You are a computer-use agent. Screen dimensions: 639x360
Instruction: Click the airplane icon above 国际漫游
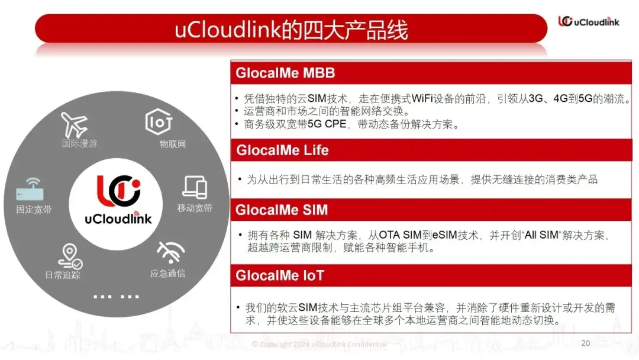74,124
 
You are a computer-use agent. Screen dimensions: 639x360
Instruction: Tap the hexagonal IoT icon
159,121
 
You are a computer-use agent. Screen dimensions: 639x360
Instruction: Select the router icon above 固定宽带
30,189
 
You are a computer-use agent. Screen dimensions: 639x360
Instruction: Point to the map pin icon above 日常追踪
70,256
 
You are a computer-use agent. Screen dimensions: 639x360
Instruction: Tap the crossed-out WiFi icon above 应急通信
171,252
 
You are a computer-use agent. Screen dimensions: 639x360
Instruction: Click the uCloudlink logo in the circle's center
118,200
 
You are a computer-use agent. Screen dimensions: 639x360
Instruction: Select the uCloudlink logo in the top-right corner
589,21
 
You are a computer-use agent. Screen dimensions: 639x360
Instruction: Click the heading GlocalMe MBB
285,73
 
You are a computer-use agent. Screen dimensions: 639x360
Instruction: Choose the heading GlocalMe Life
282,150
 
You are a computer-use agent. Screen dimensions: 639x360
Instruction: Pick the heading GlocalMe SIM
282,210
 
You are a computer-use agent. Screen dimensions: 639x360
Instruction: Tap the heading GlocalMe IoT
279,275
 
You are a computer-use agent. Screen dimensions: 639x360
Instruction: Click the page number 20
586,343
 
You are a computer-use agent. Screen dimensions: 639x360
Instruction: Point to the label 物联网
173,144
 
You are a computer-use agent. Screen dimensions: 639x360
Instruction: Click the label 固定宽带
34,210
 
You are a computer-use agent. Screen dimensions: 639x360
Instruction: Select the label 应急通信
167,273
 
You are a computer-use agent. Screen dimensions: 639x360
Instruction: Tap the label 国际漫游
79,143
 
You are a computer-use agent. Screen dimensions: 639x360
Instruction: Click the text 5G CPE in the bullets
327,124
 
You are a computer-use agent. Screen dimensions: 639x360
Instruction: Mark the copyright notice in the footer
319,344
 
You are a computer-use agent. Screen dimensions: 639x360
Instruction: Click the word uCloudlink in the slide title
228,30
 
